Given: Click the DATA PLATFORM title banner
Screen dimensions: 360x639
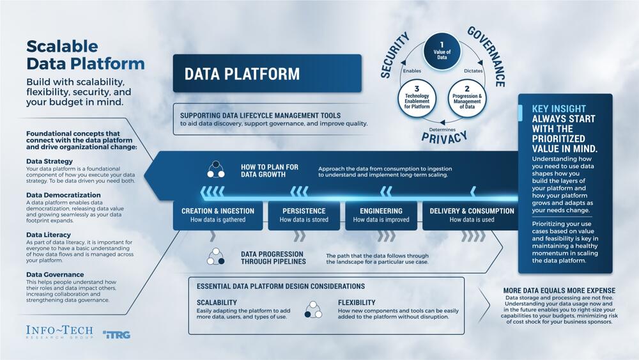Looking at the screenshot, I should (266, 74).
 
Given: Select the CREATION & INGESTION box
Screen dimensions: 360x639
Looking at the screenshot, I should (218, 215).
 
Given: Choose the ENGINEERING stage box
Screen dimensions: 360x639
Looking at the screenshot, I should (381, 215).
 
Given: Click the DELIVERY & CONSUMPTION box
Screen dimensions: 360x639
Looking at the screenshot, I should (472, 215).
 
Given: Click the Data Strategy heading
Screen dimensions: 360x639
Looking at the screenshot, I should (49, 161).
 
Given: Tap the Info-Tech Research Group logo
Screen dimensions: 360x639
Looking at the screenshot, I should (59, 333).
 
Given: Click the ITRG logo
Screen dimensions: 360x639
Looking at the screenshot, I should (116, 334).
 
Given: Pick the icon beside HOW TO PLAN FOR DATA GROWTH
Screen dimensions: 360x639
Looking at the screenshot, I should (215, 170).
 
